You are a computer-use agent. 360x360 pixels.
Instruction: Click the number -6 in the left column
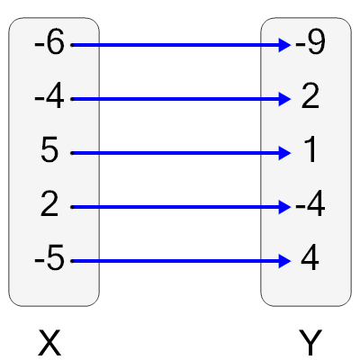pyautogui.click(x=49, y=43)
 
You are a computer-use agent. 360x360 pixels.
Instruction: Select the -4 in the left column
pyautogui.click(x=49, y=97)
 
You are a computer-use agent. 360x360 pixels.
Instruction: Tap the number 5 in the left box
pyautogui.click(x=49, y=151)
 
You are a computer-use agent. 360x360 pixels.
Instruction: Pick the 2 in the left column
pyautogui.click(x=49, y=205)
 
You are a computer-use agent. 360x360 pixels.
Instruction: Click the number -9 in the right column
pyautogui.click(x=309, y=43)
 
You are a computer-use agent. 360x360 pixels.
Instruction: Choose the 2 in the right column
pyautogui.click(x=310, y=97)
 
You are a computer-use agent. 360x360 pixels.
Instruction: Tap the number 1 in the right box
pyautogui.click(x=310, y=151)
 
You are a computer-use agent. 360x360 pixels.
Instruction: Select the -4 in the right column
pyautogui.click(x=309, y=205)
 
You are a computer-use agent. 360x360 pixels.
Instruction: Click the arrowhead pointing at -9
pyautogui.click(x=285, y=44)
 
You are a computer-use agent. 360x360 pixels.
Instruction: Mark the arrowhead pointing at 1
pyautogui.click(x=285, y=153)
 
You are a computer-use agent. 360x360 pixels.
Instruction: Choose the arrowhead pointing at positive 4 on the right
pyautogui.click(x=285, y=261)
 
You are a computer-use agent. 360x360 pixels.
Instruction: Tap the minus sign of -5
pyautogui.click(x=38, y=261)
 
